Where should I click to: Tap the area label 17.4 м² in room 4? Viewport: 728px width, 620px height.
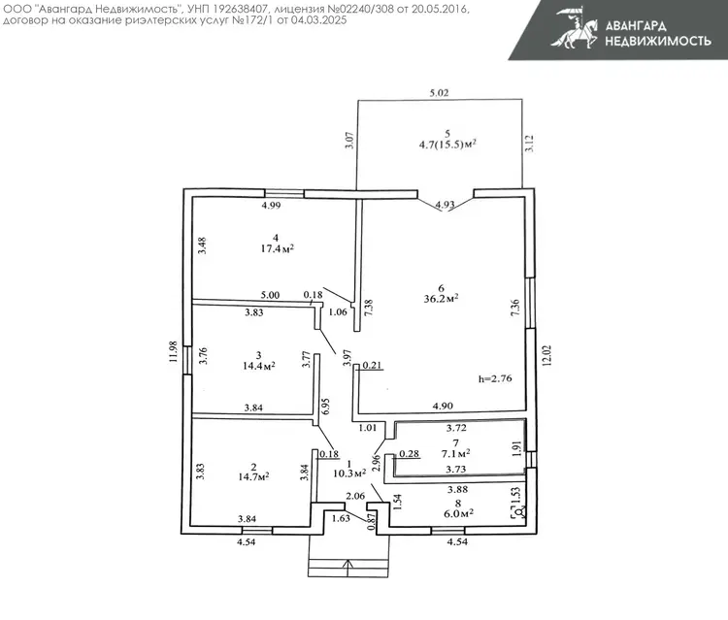(x=277, y=248)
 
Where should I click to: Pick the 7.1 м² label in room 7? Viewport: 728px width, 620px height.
(x=455, y=452)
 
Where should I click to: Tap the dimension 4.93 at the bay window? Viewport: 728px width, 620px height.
(x=445, y=205)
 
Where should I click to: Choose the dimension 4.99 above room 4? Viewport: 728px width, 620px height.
(x=271, y=205)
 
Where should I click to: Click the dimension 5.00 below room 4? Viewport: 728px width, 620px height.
(x=270, y=295)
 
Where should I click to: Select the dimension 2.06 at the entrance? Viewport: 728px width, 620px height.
(x=356, y=496)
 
